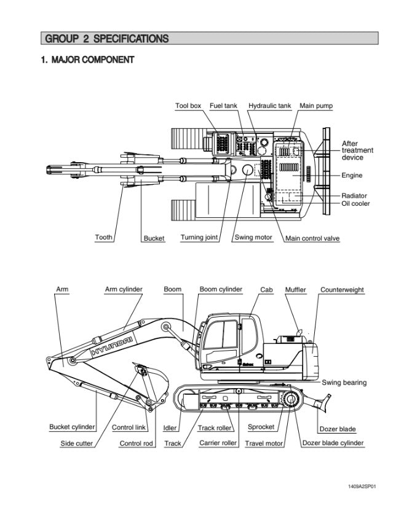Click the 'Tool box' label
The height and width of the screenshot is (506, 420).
coord(188,106)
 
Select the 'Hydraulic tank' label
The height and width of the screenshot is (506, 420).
coord(269,106)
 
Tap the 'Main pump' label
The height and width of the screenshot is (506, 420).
coord(316,106)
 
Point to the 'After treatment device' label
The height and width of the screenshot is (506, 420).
coord(357,150)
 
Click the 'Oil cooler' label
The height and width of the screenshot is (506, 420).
coord(356,203)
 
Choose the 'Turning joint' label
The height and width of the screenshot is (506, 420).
coord(199,238)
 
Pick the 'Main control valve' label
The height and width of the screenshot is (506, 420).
coord(312,238)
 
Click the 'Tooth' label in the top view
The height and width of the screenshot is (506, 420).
coord(104,238)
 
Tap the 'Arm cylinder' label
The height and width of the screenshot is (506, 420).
coord(124,289)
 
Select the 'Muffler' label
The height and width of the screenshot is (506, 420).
coord(296,289)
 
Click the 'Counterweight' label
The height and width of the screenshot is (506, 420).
coord(342,289)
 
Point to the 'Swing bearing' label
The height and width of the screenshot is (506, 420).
coord(344,383)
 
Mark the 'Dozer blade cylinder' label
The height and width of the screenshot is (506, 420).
coord(333,443)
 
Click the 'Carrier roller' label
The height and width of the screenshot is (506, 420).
coord(218,443)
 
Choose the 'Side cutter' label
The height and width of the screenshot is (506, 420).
coord(77,443)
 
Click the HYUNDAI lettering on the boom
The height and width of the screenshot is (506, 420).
coord(112,344)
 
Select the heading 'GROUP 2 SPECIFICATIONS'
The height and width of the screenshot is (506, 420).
coord(105,39)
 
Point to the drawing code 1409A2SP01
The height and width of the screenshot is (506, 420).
coord(362,486)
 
